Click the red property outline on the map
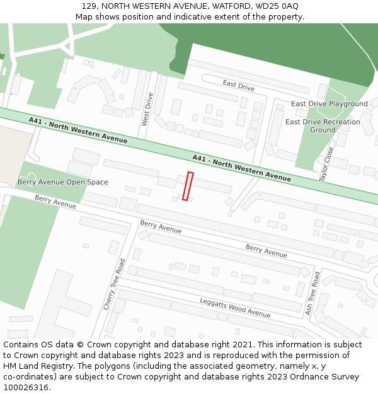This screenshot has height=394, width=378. click(x=187, y=186)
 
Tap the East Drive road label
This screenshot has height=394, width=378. click(x=238, y=86)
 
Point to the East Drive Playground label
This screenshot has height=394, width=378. click(x=329, y=104)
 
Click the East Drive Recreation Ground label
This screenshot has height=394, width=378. click(x=323, y=126)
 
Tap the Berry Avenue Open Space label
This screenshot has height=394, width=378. click(x=62, y=182)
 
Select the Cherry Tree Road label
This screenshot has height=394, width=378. click(x=115, y=283)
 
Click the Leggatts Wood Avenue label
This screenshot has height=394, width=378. click(x=235, y=307)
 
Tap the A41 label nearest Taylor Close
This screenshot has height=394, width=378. click(x=241, y=168)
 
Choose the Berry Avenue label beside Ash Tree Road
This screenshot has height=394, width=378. click(x=266, y=251)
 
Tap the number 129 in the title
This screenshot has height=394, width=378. click(x=89, y=6)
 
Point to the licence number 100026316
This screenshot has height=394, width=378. click(x=26, y=388)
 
